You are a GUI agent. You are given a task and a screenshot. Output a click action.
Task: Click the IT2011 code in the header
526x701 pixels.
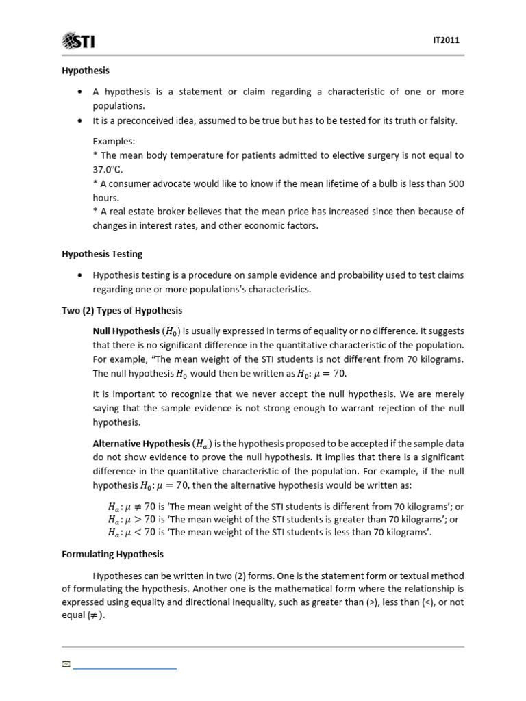click(x=447, y=41)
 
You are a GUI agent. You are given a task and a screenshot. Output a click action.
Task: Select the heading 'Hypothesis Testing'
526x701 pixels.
click(x=102, y=254)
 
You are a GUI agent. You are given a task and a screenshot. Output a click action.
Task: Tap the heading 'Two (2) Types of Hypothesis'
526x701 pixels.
click(x=122, y=310)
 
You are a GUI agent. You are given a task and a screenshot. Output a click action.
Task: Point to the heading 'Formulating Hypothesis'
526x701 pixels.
click(x=112, y=554)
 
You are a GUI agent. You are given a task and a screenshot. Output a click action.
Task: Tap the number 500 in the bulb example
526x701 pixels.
click(x=455, y=183)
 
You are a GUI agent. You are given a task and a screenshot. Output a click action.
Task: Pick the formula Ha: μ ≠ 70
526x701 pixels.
click(x=132, y=507)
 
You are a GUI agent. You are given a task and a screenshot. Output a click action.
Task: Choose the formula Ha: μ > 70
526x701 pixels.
click(x=132, y=519)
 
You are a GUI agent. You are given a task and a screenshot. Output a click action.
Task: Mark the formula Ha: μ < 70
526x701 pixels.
click(x=132, y=531)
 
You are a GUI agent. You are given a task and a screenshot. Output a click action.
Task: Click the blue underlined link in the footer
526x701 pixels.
click(x=125, y=666)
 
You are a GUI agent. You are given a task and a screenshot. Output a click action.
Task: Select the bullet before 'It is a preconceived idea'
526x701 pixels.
click(x=81, y=121)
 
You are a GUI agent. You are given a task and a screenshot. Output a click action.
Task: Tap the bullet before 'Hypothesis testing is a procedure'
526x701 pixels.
click(x=81, y=275)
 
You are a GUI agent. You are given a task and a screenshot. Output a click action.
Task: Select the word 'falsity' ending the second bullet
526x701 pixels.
click(x=441, y=121)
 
